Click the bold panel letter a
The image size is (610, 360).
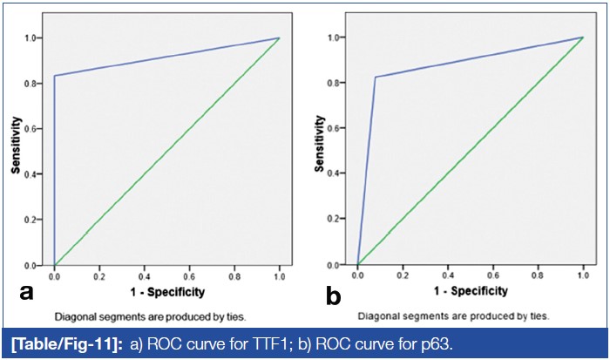point(26,291)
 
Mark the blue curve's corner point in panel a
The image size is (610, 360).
point(55,76)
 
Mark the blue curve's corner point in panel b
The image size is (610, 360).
point(376,78)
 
